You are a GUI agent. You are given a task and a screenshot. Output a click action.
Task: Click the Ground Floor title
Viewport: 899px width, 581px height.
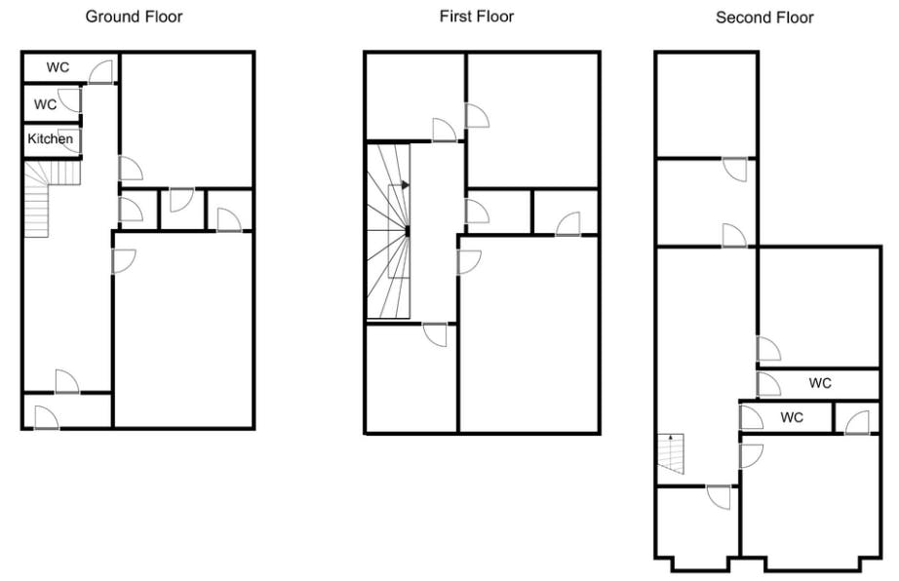click(135, 17)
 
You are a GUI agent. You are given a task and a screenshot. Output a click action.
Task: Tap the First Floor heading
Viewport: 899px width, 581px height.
click(477, 17)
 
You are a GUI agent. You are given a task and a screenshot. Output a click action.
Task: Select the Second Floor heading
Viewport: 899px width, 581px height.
click(764, 18)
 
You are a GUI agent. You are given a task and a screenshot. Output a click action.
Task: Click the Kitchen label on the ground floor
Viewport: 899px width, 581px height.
click(51, 138)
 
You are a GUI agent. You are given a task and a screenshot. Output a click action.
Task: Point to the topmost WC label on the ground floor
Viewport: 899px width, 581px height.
click(58, 67)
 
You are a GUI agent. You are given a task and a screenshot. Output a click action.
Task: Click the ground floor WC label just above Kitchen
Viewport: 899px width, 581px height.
click(45, 104)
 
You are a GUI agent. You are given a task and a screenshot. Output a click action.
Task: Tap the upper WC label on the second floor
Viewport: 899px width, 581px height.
click(820, 383)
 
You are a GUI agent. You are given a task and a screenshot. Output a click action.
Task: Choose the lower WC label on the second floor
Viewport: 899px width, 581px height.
click(792, 417)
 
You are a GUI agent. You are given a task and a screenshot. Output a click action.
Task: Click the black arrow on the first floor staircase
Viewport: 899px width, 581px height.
click(405, 185)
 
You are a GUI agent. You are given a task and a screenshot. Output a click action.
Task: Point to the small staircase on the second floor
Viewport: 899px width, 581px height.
click(671, 454)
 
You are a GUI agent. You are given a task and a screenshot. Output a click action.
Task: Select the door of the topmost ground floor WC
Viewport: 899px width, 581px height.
click(100, 72)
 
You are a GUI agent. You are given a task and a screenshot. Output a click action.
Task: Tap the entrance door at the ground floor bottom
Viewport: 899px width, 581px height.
click(47, 417)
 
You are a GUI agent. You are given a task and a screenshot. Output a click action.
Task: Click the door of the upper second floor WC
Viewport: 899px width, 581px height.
click(769, 384)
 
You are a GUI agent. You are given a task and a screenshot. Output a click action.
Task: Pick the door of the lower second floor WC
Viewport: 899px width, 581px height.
click(752, 417)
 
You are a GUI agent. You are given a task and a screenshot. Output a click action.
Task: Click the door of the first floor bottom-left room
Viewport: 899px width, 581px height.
click(435, 335)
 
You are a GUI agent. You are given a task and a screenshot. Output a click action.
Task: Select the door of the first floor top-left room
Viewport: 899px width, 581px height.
click(445, 130)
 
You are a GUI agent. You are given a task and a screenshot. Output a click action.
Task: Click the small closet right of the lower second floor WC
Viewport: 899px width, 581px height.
click(856, 417)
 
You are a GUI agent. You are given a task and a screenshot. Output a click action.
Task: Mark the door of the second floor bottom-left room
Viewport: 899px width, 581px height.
click(719, 497)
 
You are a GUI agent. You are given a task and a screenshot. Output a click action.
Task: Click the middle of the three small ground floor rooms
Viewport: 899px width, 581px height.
click(181, 210)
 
